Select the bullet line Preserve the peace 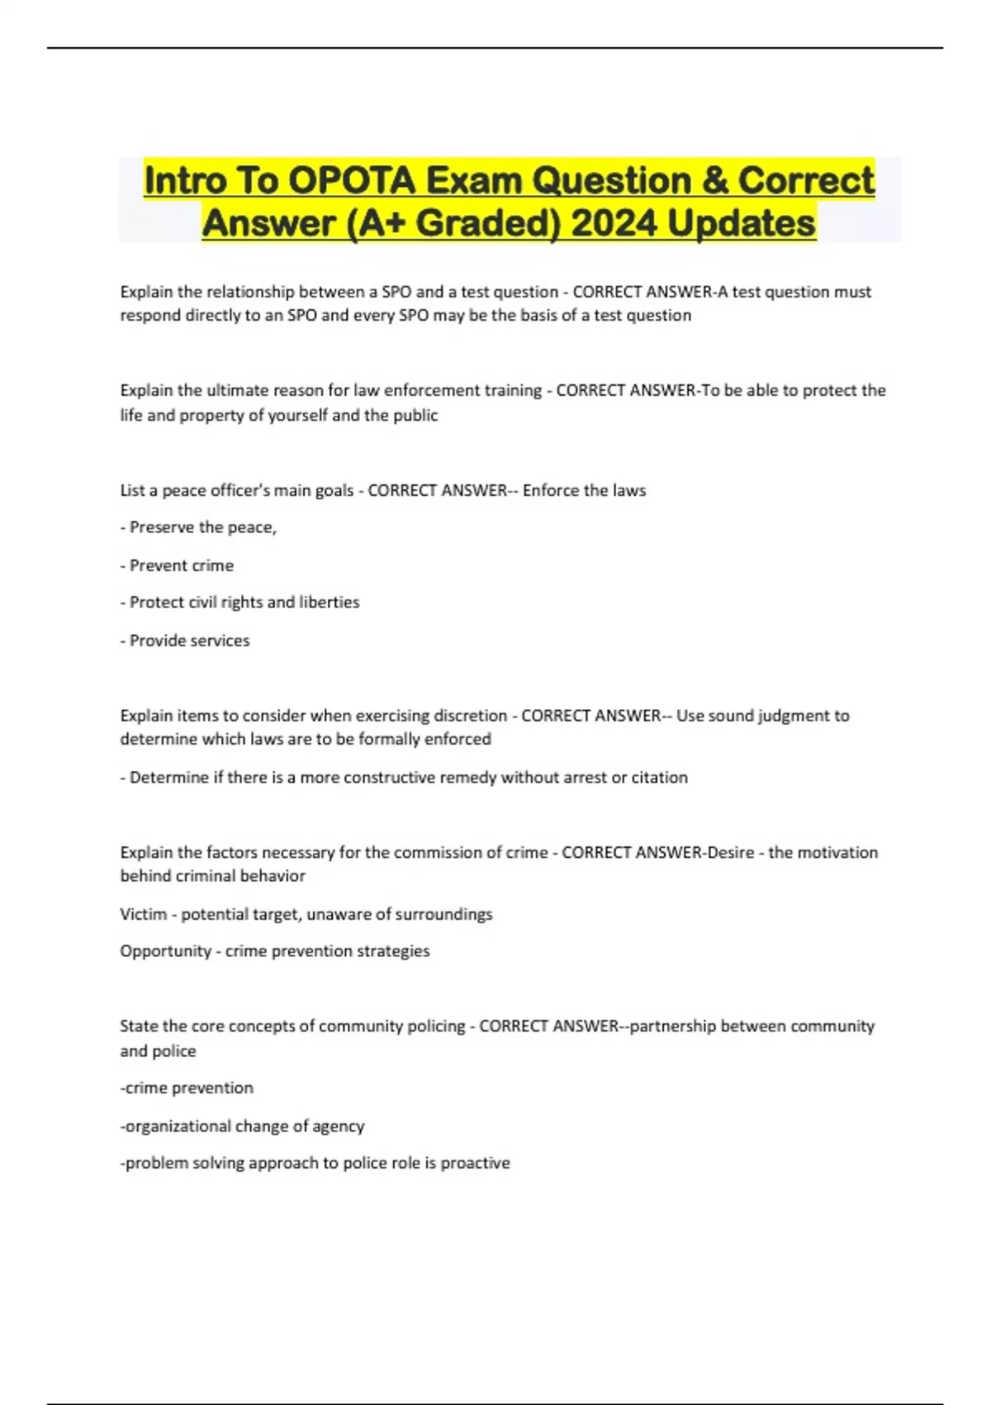tap(198, 527)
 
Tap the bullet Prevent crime tap(177, 565)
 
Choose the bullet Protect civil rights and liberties tap(239, 602)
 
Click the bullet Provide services tap(185, 641)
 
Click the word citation tap(659, 778)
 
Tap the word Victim tap(143, 914)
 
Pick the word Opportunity tap(165, 951)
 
